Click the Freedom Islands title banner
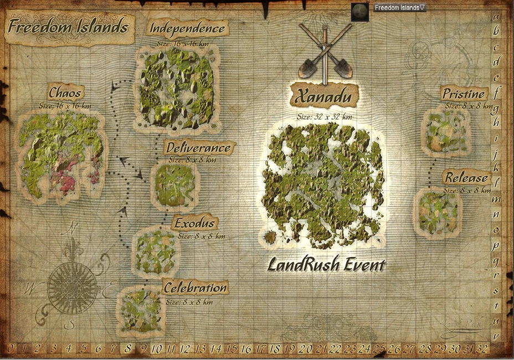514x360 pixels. point(68,27)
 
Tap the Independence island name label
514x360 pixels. point(188,28)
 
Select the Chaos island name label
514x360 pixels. point(65,92)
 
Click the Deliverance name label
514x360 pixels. point(198,148)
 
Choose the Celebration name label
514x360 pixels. point(195,288)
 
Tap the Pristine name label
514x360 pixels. point(464,94)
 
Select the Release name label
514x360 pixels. point(466,178)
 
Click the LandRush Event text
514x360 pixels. point(326,265)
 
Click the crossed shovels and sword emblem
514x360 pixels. point(325,52)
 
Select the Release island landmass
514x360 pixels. point(438,212)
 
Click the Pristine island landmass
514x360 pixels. point(446,132)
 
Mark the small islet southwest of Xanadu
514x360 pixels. point(270,238)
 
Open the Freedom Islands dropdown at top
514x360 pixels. point(399,8)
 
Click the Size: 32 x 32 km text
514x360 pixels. point(324,117)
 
